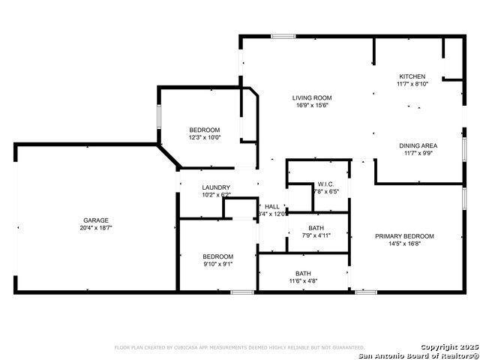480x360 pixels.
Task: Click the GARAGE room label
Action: pyautogui.click(x=96, y=220)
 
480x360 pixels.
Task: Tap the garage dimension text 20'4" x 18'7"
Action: pyautogui.click(x=96, y=227)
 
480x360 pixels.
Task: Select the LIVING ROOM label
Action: pyautogui.click(x=312, y=97)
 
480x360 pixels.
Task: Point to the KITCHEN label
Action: pyautogui.click(x=412, y=76)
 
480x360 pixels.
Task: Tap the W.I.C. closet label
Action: pyautogui.click(x=325, y=184)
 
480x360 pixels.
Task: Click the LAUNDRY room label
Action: pyautogui.click(x=216, y=187)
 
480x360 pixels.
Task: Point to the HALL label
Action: pyautogui.click(x=271, y=206)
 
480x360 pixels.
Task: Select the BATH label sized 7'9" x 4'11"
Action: pyautogui.click(x=316, y=228)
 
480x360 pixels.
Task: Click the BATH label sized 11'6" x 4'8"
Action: pyautogui.click(x=303, y=273)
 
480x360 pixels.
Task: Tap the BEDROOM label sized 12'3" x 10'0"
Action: pyautogui.click(x=204, y=130)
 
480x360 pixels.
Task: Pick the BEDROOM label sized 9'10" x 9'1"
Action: pyautogui.click(x=217, y=256)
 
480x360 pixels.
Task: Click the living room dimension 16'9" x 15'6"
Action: pyautogui.click(x=312, y=105)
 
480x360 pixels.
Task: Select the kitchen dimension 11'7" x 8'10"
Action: pyautogui.click(x=412, y=84)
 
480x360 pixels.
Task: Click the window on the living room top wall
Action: pyautogui.click(x=283, y=35)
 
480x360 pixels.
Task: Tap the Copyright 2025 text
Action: pyautogui.click(x=448, y=346)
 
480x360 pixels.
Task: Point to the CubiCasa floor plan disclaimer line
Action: pyautogui.click(x=239, y=347)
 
